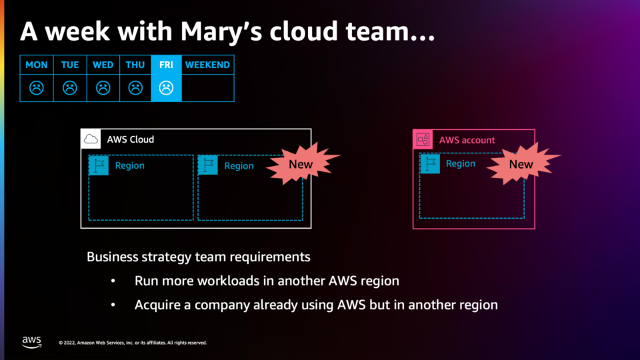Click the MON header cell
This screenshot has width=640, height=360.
[36, 65]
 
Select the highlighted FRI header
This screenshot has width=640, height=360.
[166, 65]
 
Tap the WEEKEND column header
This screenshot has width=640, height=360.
[208, 65]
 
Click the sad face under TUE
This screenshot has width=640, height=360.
[70, 88]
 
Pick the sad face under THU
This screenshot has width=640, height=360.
[135, 88]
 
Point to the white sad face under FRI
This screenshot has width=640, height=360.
[166, 88]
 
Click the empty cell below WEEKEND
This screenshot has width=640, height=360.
[208, 88]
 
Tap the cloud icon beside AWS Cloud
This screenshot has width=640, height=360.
[91, 139]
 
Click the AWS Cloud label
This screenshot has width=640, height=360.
[131, 139]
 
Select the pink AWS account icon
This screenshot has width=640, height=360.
[423, 139]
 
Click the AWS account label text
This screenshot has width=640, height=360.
[467, 140]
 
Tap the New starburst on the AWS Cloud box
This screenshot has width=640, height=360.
[301, 164]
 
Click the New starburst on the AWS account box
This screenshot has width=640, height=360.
[521, 164]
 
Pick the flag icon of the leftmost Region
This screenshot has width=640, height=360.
[99, 165]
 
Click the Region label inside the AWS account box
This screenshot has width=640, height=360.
[461, 164]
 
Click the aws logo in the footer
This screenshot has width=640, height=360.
[32, 342]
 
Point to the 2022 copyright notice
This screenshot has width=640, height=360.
[133, 343]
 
